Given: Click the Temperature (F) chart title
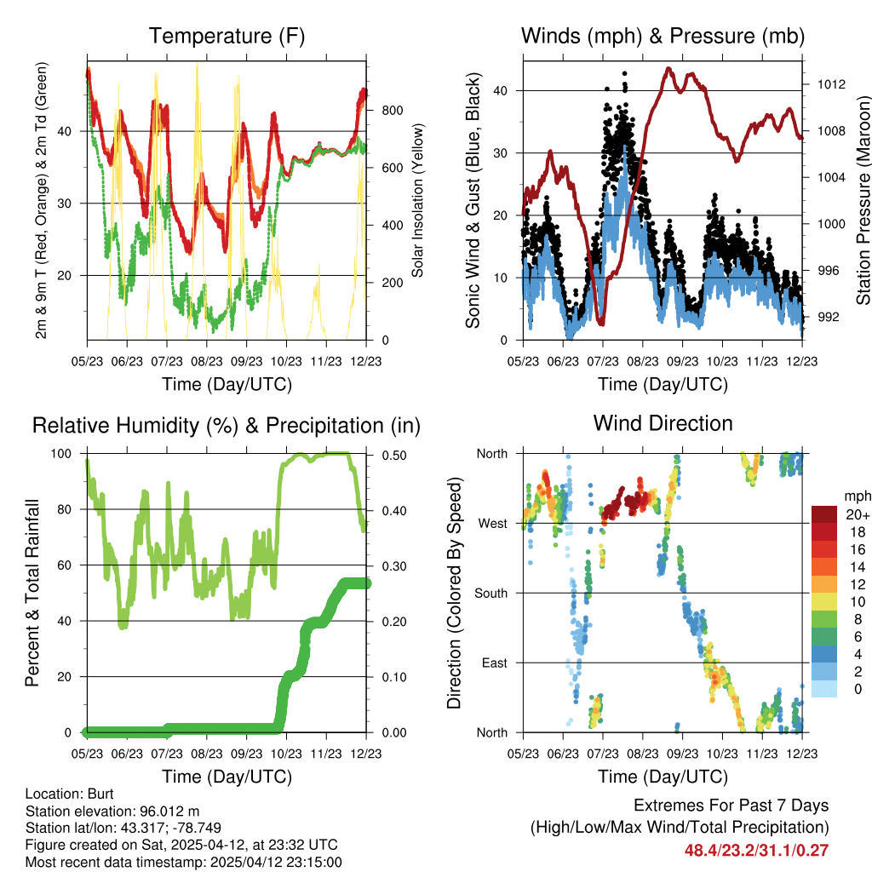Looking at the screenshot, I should [x=227, y=37].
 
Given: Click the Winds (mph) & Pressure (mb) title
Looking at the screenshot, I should [x=663, y=37].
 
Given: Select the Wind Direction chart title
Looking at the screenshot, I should [x=663, y=423].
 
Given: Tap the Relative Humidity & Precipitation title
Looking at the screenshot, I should [x=227, y=425].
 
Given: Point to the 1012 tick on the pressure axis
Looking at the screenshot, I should [x=829, y=84].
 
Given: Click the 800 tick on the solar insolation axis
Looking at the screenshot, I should [x=392, y=111].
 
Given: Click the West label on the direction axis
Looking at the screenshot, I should [x=492, y=523].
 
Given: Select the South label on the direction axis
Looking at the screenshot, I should [x=490, y=593].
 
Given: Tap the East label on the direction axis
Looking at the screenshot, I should [x=494, y=663].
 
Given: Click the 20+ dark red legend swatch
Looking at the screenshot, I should [x=823, y=514].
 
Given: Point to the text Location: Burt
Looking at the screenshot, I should [x=64, y=794].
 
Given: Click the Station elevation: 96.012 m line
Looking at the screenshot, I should [x=112, y=811].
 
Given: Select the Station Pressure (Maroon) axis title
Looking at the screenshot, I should [x=863, y=200].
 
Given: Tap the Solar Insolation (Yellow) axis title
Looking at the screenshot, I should [x=418, y=200].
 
